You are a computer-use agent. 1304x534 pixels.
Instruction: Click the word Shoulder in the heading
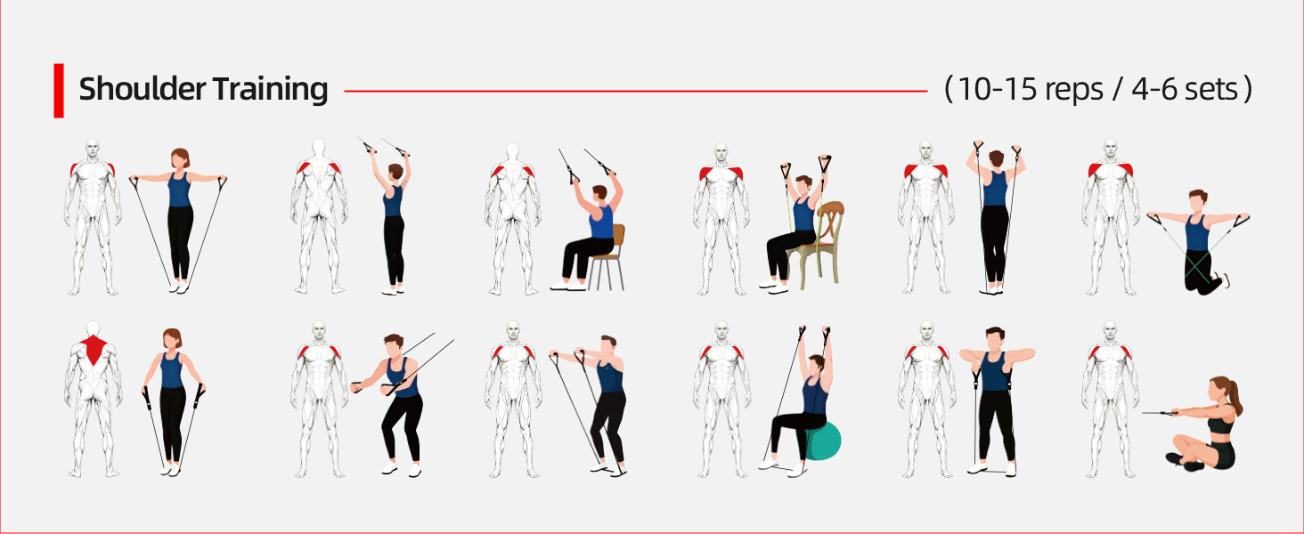[142, 89]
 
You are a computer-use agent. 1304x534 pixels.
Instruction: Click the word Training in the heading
[270, 90]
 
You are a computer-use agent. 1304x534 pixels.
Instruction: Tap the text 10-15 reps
[1030, 90]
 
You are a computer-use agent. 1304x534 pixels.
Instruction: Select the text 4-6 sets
[1185, 90]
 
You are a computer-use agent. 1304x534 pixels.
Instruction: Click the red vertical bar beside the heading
[59, 91]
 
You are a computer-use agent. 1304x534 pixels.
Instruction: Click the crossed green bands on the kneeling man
[1197, 266]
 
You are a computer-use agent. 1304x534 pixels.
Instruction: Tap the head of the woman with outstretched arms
[180, 158]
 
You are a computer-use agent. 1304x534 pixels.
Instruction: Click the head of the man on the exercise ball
[816, 363]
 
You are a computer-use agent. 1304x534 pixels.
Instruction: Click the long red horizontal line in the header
[636, 91]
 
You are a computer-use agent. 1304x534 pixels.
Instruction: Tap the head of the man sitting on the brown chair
[599, 194]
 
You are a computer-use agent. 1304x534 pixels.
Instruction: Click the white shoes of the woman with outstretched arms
[179, 287]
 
